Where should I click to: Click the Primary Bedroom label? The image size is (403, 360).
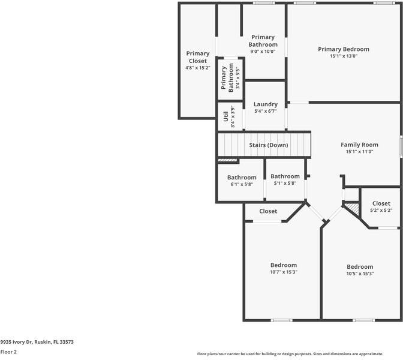click(344, 49)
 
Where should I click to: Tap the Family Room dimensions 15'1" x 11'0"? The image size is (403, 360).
click(359, 151)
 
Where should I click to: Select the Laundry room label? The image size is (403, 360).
click(266, 104)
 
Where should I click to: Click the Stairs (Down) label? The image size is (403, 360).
click(268, 145)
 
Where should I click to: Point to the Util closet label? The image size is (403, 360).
click(225, 116)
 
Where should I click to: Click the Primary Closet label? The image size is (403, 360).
click(198, 57)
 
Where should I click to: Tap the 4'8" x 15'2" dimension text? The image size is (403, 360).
click(198, 68)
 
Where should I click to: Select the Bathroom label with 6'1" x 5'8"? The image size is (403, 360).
click(242, 178)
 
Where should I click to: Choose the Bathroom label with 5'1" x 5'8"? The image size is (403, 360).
click(285, 176)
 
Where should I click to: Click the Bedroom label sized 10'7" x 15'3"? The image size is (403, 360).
click(284, 265)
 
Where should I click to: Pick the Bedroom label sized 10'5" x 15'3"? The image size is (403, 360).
click(360, 266)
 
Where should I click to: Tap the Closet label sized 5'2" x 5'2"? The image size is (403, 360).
click(381, 203)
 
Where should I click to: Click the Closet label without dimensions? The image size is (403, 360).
click(268, 211)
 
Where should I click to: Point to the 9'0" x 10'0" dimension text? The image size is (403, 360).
click(263, 51)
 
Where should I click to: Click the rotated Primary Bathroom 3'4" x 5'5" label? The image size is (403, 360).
click(230, 78)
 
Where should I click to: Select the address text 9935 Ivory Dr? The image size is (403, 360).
click(16, 342)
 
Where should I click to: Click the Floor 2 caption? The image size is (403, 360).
click(8, 352)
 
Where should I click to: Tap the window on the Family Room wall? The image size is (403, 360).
click(401, 146)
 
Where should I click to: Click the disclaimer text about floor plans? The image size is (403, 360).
click(290, 354)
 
